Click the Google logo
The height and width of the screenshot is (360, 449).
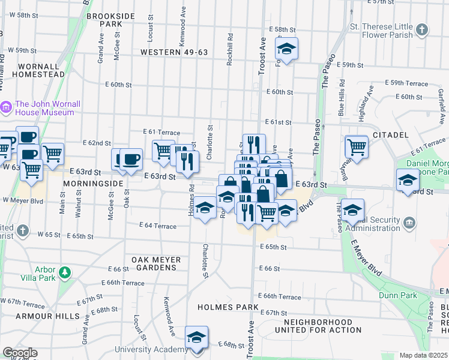point(19,353)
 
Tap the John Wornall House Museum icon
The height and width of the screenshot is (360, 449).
point(6,107)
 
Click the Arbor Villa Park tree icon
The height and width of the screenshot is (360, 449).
point(64,274)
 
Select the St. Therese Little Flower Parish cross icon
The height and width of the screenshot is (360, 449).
point(422,29)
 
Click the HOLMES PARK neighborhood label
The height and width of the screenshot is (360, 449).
point(228,307)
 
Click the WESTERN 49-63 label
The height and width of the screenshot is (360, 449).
point(174,52)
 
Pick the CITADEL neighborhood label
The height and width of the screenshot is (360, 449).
point(391,135)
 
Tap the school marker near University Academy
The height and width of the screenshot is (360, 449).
point(196,337)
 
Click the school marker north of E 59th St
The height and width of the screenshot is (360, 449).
point(287,50)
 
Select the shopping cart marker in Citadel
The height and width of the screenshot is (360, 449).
point(357,146)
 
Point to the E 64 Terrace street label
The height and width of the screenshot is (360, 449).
point(157,226)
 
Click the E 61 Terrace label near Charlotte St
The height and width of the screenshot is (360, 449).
point(161,131)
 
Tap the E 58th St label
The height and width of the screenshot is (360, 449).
point(283,29)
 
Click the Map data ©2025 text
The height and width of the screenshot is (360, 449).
point(423,355)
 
